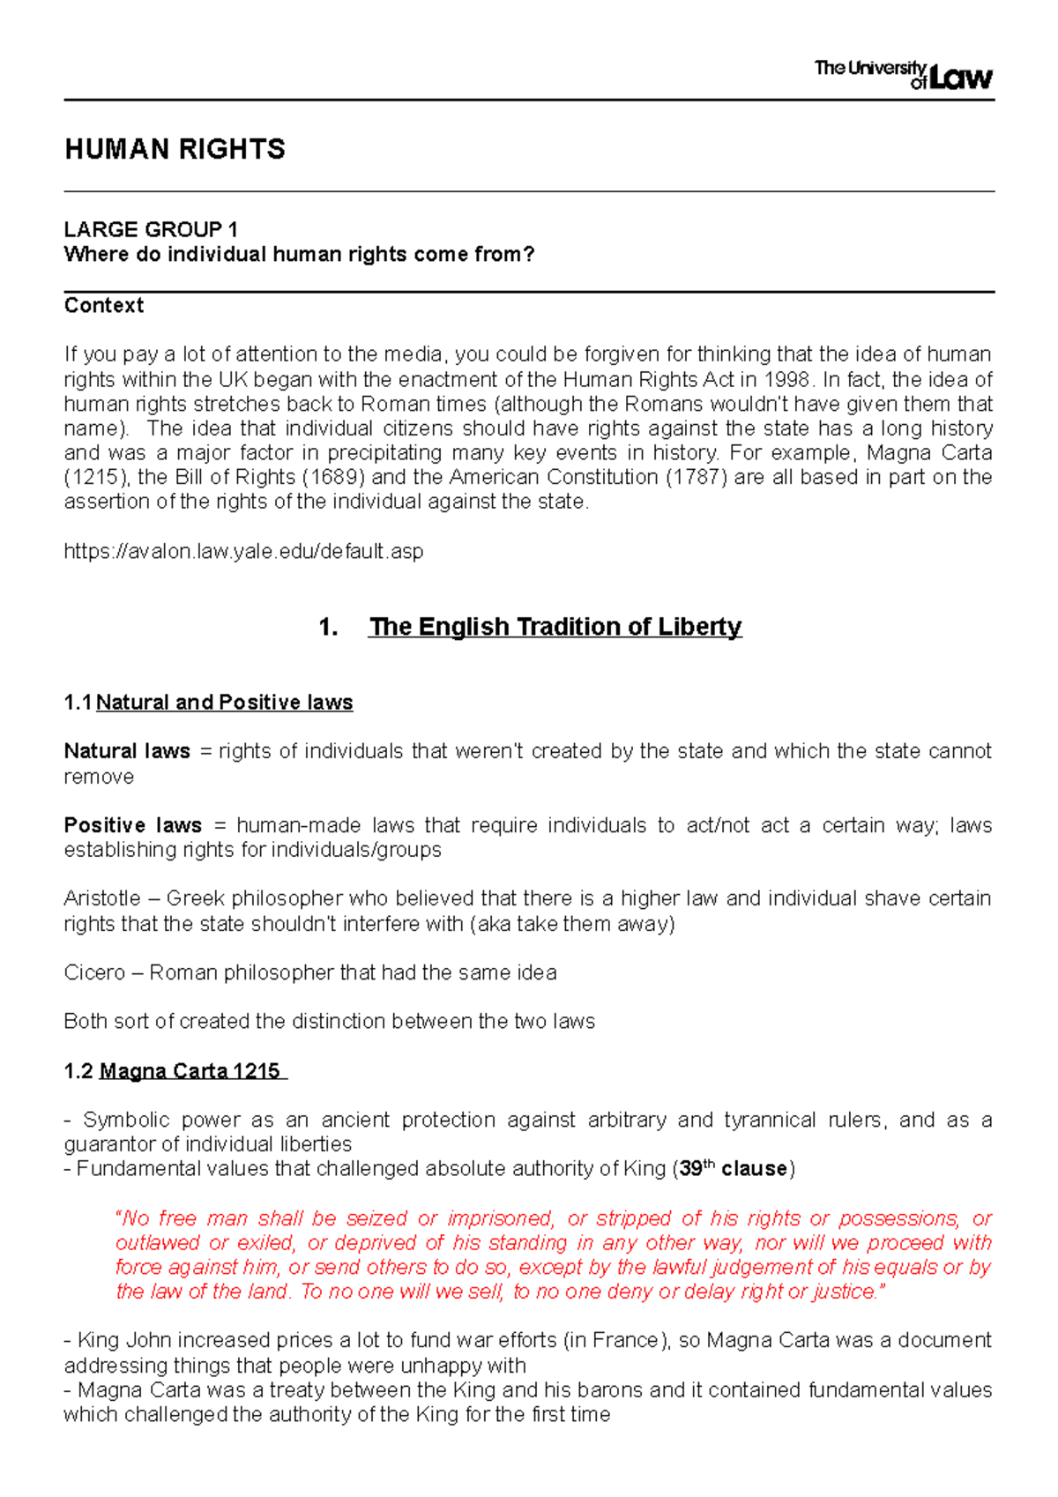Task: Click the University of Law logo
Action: [903, 75]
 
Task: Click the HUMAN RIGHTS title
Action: [175, 149]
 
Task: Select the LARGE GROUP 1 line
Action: [151, 229]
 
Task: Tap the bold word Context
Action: [103, 305]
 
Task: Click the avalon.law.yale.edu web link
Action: [243, 551]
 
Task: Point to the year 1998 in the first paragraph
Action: [787, 379]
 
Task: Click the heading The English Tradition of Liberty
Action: [555, 626]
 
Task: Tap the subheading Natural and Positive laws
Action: [224, 702]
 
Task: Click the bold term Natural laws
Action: [127, 751]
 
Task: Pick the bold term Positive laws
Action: [132, 825]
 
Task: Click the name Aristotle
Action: [101, 898]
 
